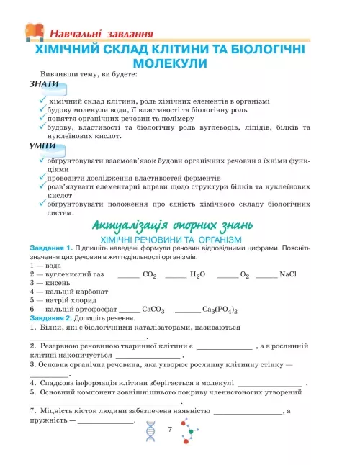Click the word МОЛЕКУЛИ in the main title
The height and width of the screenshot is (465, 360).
(179, 63)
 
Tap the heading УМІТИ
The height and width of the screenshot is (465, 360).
(45, 145)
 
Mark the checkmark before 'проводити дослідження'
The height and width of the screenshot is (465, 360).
(43, 176)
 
